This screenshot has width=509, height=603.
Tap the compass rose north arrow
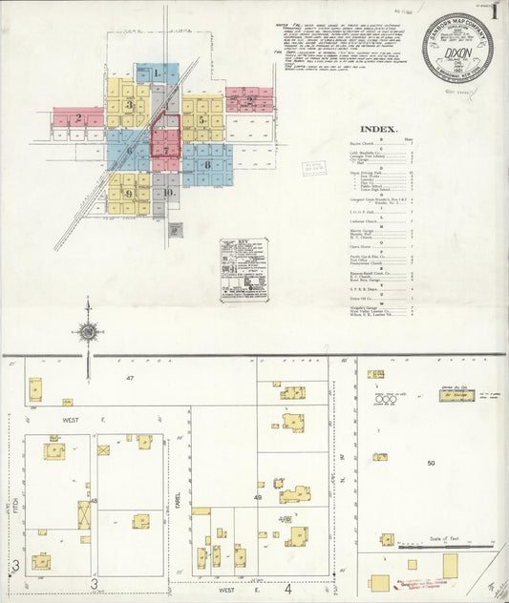(x=88, y=331)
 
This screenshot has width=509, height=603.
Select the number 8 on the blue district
(x=207, y=165)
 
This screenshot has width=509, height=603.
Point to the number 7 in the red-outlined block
(x=166, y=150)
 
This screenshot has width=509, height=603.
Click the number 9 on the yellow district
(x=128, y=194)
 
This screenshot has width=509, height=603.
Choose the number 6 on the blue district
(x=129, y=151)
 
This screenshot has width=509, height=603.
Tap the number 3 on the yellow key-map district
(x=128, y=105)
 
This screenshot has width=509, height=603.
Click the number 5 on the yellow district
(x=201, y=120)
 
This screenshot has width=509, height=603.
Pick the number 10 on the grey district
(x=168, y=193)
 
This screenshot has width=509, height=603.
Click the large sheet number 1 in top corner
(x=495, y=12)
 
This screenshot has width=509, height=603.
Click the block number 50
(x=431, y=463)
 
